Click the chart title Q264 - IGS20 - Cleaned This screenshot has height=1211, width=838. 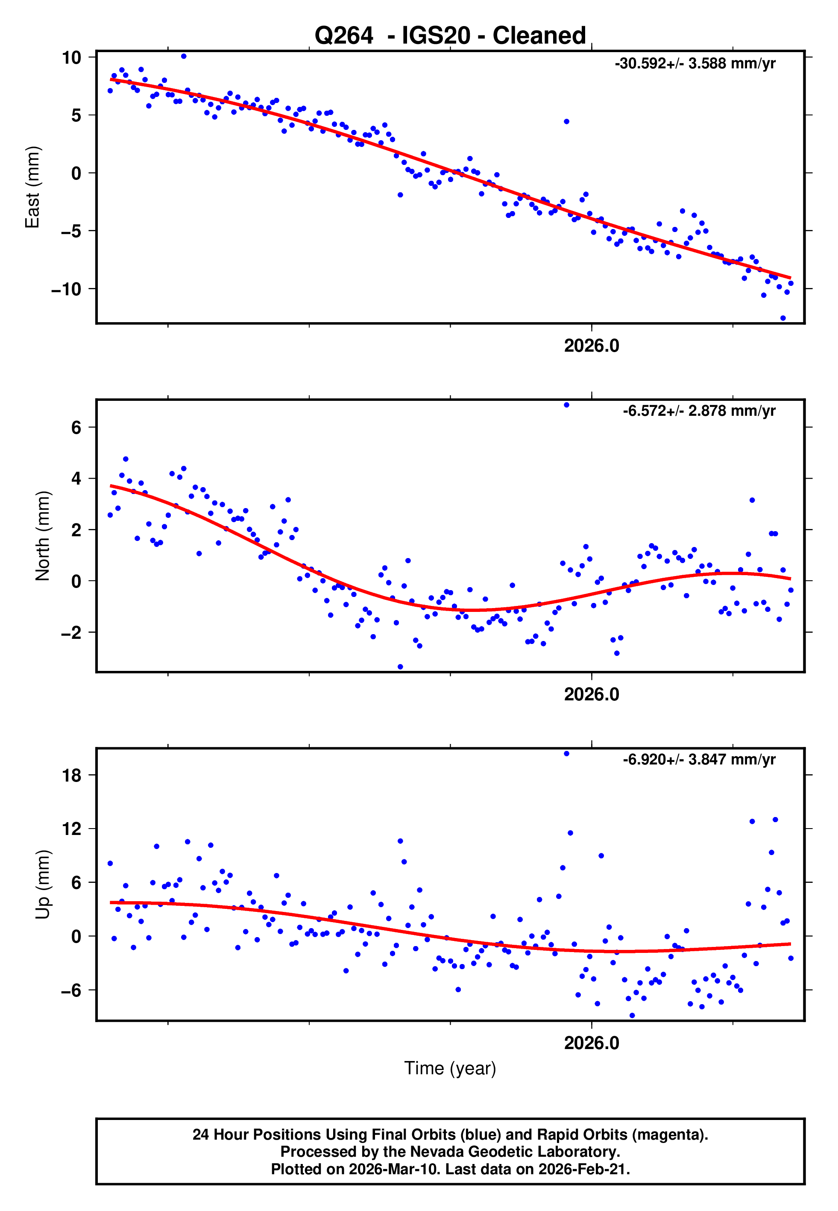(450, 36)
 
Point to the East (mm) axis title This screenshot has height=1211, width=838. (32, 187)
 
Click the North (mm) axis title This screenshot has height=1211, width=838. (43, 536)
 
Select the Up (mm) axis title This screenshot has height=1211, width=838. (43, 885)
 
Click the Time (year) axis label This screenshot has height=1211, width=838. (450, 1069)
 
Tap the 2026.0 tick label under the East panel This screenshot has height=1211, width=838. (591, 346)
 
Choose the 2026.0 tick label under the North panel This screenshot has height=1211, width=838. (591, 694)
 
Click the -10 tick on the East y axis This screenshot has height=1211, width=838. (66, 289)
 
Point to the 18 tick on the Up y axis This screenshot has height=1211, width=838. (72, 775)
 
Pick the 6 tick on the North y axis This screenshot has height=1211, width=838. (76, 427)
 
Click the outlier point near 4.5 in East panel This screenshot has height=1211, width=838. (566, 121)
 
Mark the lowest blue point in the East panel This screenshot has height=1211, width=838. (782, 318)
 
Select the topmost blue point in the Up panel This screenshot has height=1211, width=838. (566, 754)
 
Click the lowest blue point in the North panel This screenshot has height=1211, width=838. (400, 667)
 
